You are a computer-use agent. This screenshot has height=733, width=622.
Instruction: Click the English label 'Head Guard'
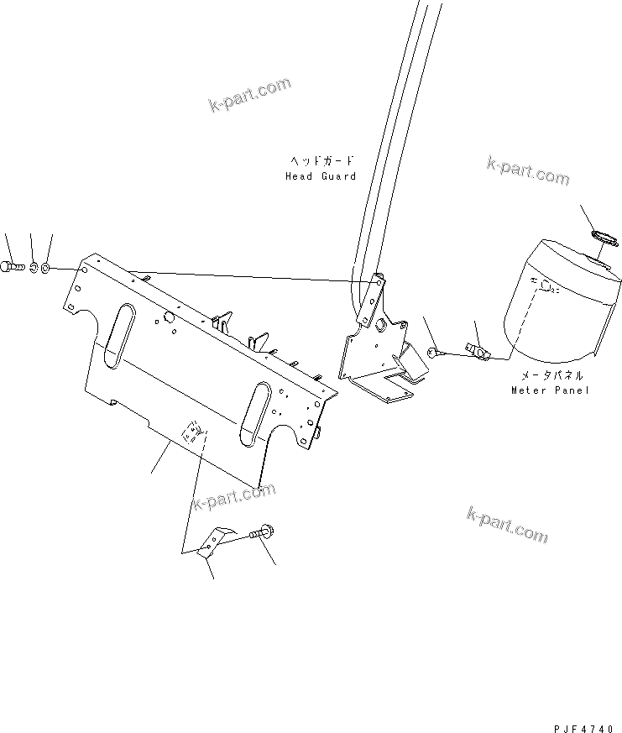coord(321,176)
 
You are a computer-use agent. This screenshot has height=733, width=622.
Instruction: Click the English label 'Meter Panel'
coord(550,390)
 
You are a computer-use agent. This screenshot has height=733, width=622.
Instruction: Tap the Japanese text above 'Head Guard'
coord(321,161)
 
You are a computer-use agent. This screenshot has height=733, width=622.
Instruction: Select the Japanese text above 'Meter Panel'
coord(551,375)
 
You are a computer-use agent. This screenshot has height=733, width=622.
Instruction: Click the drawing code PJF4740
coord(583,728)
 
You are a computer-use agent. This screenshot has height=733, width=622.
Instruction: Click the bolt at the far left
coord(12,267)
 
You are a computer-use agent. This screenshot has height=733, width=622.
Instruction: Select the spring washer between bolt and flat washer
coord(34,268)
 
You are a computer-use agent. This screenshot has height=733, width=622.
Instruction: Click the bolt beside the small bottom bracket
coord(263,532)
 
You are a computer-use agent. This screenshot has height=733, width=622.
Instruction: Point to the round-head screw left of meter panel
coord(434,353)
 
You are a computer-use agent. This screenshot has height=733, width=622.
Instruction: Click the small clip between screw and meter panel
coord(476,351)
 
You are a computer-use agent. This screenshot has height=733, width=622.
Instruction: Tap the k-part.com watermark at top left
coord(249,95)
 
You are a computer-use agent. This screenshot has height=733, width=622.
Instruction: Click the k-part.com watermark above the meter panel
coord(528,170)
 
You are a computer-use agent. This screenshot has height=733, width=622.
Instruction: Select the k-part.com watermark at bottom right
coord(508,524)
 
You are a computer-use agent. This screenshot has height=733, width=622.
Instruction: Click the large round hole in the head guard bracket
coord(380,323)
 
